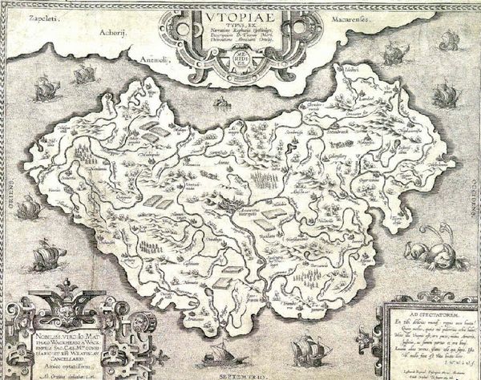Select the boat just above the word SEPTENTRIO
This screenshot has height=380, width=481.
(x=221, y=354)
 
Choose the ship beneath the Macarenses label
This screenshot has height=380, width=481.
(x=394, y=54)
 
